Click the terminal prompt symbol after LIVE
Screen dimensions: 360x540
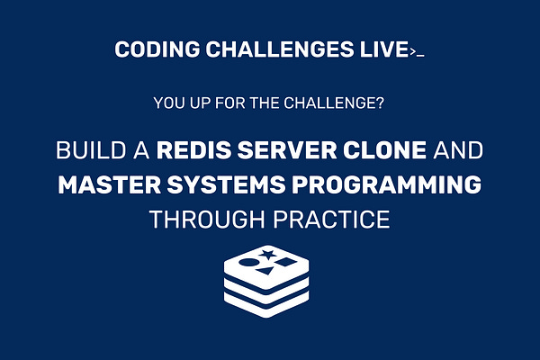click(x=416, y=52)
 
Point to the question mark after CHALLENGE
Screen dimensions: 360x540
click(x=382, y=103)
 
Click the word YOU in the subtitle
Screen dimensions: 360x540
click(x=169, y=103)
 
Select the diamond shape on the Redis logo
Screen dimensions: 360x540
click(x=285, y=263)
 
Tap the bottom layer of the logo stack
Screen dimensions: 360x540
click(x=269, y=303)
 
